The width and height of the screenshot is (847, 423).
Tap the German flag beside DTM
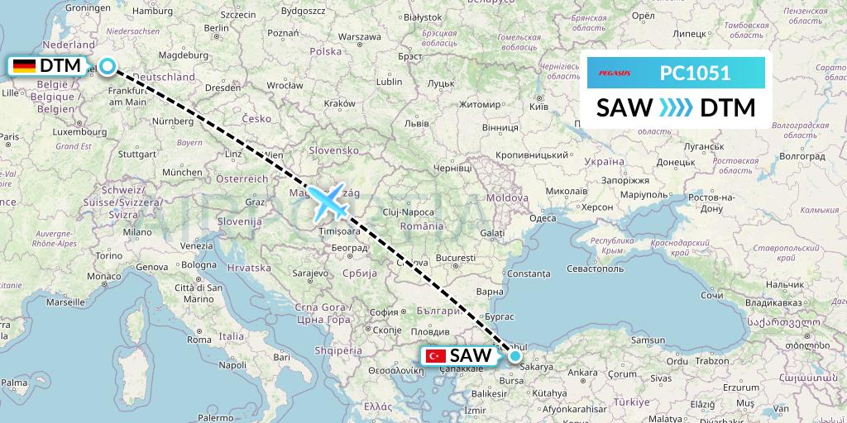(x=24, y=65)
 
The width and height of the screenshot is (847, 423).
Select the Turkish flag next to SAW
(x=435, y=356)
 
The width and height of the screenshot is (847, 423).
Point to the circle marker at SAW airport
(x=515, y=356)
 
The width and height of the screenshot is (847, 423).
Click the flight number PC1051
(x=695, y=73)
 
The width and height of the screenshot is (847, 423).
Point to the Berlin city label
(x=217, y=27)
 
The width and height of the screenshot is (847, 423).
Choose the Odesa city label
(x=543, y=218)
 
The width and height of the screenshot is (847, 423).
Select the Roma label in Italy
(x=200, y=340)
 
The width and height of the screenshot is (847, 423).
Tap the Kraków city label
(x=340, y=103)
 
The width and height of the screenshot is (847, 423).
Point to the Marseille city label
(x=67, y=302)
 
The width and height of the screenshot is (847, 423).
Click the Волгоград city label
(x=802, y=155)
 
